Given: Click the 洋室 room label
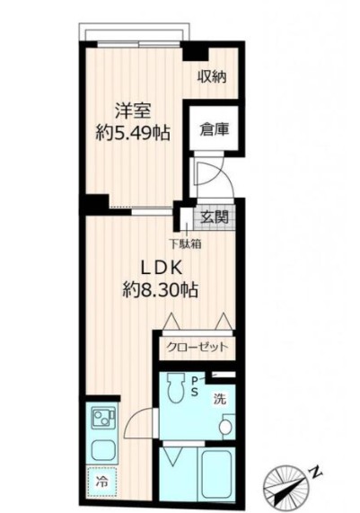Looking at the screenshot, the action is click(x=133, y=111).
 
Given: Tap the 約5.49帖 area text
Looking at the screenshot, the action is click(x=133, y=133).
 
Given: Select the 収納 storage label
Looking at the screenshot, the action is click(x=212, y=77).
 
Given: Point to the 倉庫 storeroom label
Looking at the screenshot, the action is click(x=215, y=130).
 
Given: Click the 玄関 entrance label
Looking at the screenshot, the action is click(x=215, y=217).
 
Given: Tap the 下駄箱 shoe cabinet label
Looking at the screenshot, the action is click(x=185, y=243).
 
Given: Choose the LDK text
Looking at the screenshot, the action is click(x=161, y=269).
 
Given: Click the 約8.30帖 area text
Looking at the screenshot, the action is click(x=161, y=289).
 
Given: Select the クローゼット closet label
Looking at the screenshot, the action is click(x=197, y=347).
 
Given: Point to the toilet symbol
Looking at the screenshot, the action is click(x=173, y=388).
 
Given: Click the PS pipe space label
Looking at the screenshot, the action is click(x=195, y=386).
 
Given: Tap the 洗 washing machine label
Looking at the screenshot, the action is click(x=220, y=399).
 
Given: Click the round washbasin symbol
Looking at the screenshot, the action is click(x=225, y=427).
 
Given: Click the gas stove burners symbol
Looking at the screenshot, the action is click(x=102, y=418).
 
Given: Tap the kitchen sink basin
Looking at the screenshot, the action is click(x=102, y=449).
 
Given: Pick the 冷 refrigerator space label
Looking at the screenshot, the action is click(x=101, y=482).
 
